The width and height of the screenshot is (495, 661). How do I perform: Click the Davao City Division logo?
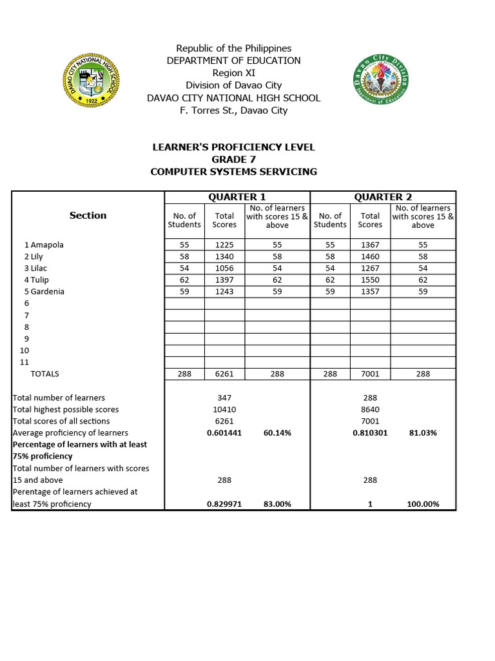point(380,79)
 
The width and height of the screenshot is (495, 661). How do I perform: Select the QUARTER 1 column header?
point(237,197)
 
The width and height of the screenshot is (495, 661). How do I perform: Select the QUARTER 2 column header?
point(383,197)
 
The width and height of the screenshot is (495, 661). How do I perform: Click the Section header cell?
point(88,216)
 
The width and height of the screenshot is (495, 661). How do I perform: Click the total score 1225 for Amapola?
point(224,245)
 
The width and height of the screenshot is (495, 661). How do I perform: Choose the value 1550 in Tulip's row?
point(370,280)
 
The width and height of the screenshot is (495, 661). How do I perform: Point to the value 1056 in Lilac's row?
point(224,269)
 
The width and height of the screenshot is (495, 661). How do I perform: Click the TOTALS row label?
point(44,374)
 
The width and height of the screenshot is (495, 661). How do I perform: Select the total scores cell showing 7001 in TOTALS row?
point(370,374)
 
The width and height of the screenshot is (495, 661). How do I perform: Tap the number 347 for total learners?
point(224,398)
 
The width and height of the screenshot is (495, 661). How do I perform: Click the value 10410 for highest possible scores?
point(224,409)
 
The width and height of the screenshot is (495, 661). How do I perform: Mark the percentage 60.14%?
point(277,433)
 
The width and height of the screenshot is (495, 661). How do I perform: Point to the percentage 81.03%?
point(423,433)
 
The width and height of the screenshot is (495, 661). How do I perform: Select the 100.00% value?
point(423,504)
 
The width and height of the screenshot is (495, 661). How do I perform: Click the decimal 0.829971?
point(224,504)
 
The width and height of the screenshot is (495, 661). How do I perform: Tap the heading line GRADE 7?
point(233,159)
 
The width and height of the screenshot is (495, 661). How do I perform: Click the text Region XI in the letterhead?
point(233,73)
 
